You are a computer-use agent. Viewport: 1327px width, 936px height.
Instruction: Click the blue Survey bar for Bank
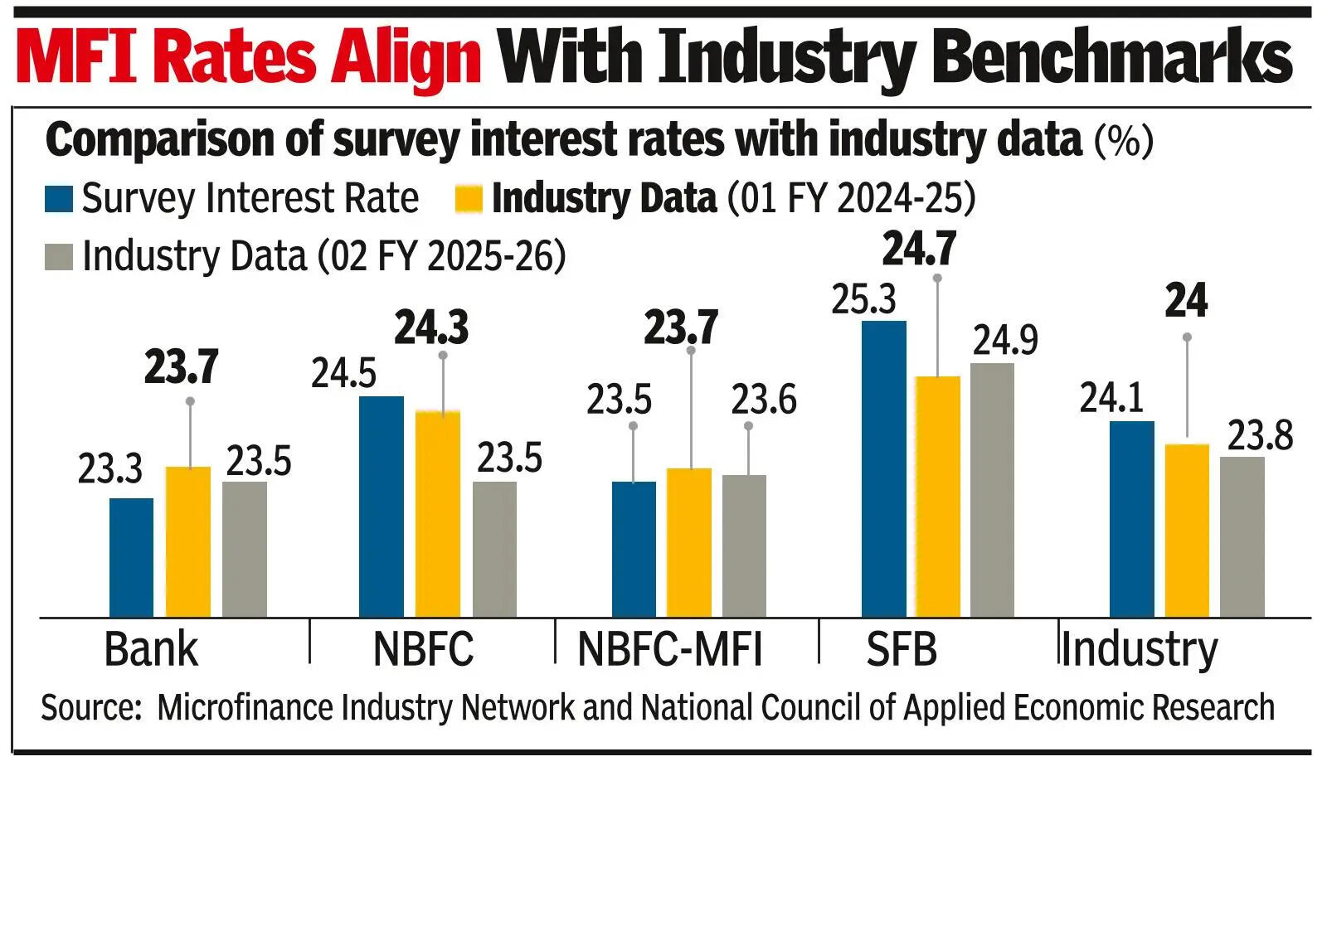tap(131, 557)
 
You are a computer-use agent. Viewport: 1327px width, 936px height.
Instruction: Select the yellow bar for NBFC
tap(437, 514)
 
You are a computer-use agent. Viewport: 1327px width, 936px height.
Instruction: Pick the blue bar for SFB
tap(883, 468)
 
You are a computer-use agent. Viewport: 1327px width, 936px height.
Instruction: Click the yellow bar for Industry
tap(1187, 531)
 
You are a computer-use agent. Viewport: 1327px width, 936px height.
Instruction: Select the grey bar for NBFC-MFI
tap(744, 546)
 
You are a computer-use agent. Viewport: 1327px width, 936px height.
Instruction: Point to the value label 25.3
tap(863, 300)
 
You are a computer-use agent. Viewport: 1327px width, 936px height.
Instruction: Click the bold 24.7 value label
tap(919, 249)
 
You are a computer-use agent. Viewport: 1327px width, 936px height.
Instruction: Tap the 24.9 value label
tap(1005, 341)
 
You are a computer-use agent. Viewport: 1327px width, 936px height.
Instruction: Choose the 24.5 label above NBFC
tap(343, 374)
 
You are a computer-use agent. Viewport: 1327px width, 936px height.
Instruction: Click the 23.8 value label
tap(1259, 436)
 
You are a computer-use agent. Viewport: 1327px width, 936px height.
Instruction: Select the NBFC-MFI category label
tap(669, 649)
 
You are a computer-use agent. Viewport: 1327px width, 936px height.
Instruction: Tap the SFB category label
tap(902, 649)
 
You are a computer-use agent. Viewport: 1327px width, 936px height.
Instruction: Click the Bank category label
tap(151, 649)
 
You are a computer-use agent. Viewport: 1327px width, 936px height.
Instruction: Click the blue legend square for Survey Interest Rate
tap(59, 200)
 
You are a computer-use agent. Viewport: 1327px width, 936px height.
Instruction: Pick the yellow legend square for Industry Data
tap(469, 200)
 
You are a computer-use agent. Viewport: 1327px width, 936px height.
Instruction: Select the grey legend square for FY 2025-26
tap(59, 257)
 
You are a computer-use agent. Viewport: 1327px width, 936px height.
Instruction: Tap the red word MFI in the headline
tap(79, 58)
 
